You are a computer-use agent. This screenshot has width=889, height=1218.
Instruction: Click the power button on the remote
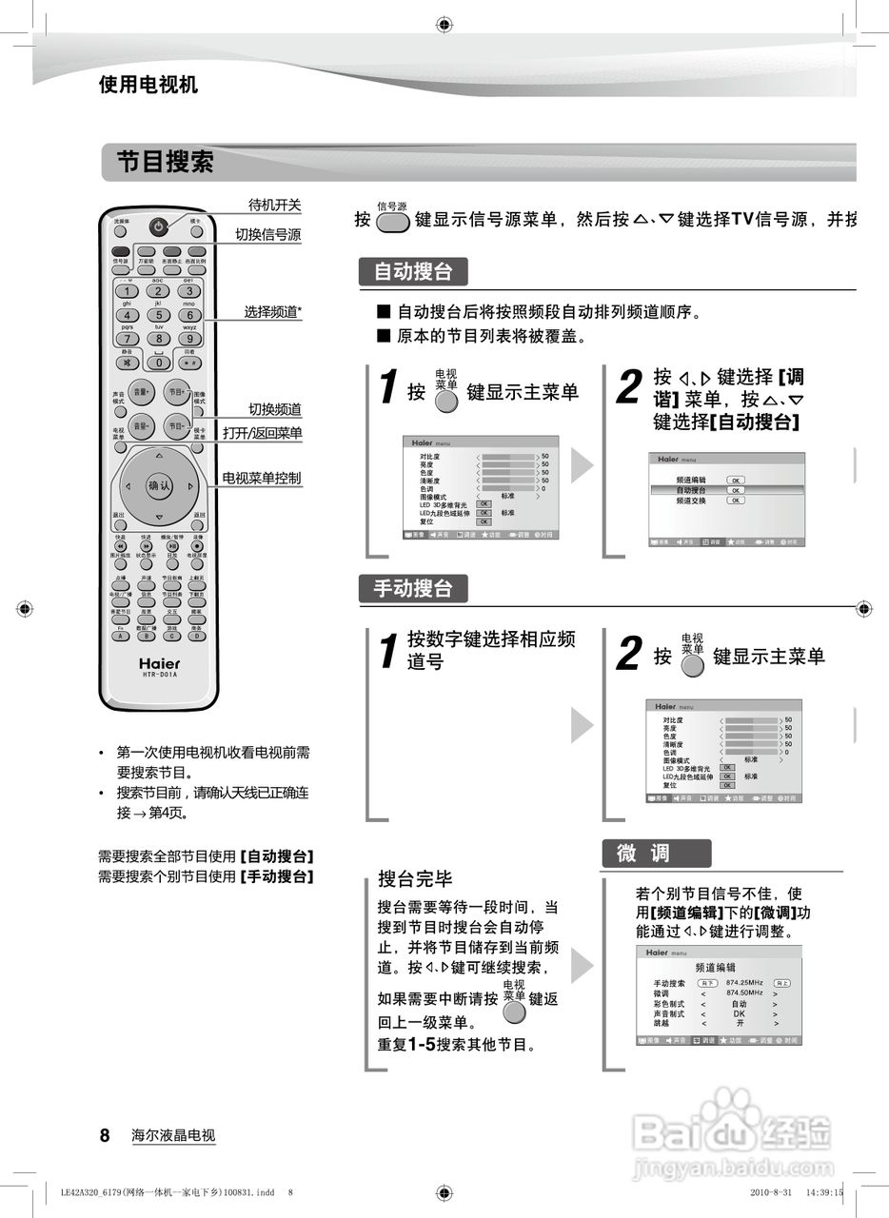click(158, 226)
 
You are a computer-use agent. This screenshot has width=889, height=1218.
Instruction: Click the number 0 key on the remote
click(159, 363)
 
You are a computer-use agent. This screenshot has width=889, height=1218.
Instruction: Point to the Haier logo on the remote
click(159, 662)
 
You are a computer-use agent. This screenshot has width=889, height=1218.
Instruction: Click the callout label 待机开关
click(274, 205)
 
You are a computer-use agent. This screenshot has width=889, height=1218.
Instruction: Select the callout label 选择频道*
click(272, 311)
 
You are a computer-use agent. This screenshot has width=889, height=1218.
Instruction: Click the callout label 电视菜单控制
click(261, 478)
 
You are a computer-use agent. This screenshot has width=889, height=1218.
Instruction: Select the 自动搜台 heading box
click(413, 272)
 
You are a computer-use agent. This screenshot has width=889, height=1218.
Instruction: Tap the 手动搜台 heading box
click(413, 588)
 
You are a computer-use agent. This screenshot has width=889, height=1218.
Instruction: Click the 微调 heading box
click(655, 854)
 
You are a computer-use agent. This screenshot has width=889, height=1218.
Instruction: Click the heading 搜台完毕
click(415, 877)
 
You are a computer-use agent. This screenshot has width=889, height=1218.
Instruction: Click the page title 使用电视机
click(148, 85)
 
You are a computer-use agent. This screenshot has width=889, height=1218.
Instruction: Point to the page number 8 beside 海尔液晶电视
click(106, 1135)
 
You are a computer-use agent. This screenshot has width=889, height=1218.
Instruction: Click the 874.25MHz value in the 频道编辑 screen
click(743, 982)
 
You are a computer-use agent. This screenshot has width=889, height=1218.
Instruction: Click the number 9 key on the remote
click(189, 338)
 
